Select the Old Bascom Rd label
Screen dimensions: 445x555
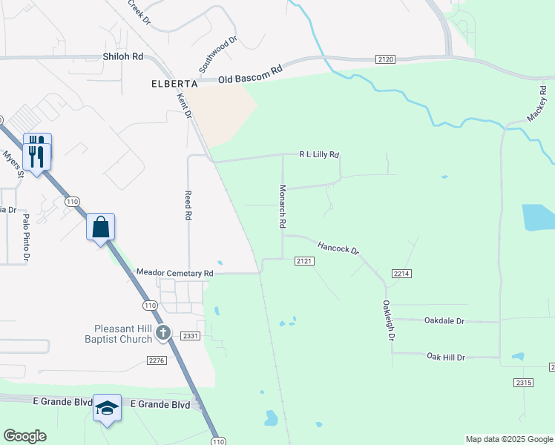click(251, 75)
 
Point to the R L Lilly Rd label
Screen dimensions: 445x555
click(319, 155)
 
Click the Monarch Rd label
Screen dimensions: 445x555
click(282, 206)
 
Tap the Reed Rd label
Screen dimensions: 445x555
click(188, 205)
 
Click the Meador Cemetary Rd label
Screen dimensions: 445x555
click(175, 273)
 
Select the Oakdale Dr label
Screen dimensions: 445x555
click(444, 321)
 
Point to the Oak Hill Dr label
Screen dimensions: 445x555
click(445, 357)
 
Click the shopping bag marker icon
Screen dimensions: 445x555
click(101, 227)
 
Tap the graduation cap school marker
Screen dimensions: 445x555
click(108, 409)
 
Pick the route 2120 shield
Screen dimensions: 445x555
click(385, 59)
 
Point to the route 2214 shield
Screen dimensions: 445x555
click(402, 274)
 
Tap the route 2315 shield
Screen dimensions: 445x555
click(523, 382)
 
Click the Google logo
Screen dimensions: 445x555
click(24, 436)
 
